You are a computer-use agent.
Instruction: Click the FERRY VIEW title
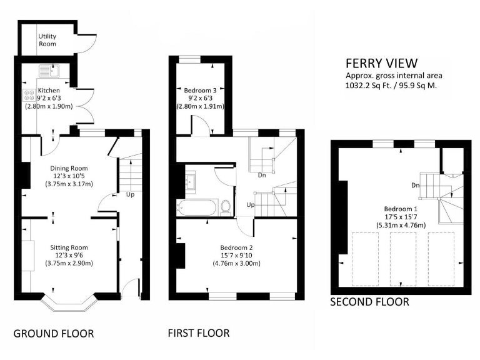tap(381, 64)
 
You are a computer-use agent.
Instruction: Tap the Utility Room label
tap(47, 40)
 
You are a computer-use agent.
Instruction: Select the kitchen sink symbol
tap(48, 71)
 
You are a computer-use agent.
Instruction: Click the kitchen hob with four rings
tap(30, 95)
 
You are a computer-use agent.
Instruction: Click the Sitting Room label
tap(69, 247)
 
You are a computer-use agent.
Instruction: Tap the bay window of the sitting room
tap(68, 305)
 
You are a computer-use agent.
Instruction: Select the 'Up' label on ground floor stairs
tap(130, 194)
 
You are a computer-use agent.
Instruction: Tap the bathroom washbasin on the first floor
tap(191, 182)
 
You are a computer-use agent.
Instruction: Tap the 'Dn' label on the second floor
tap(415, 185)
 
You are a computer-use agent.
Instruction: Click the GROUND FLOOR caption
tap(54, 334)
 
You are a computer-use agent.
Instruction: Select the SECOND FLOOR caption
tap(369, 302)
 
